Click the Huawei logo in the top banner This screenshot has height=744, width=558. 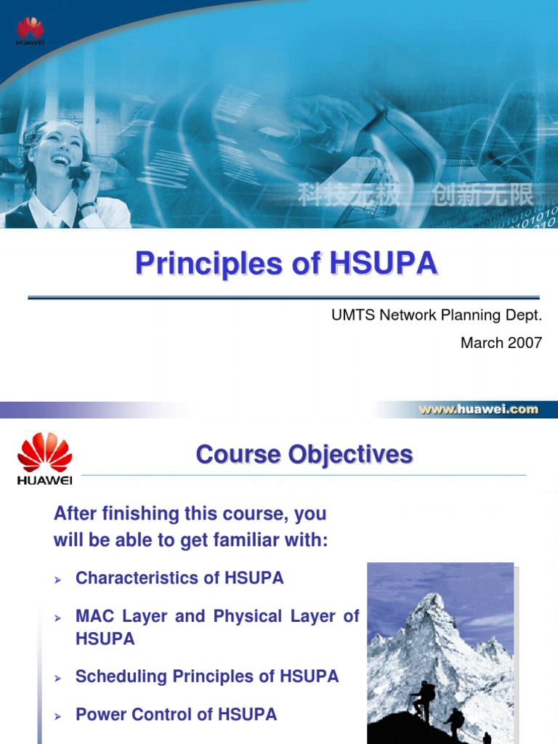tap(30, 31)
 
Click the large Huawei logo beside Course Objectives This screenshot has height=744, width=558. tap(44, 457)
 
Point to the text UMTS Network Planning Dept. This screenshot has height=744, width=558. tap(436, 315)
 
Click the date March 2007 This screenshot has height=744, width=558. tap(501, 343)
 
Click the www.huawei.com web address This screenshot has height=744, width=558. tap(478, 409)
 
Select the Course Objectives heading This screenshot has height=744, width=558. tap(304, 455)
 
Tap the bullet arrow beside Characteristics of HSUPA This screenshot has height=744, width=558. tap(58, 580)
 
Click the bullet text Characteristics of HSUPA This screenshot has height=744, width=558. tap(179, 578)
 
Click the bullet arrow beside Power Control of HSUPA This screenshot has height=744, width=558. tap(58, 716)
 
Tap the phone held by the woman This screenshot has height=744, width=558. tap(76, 172)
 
